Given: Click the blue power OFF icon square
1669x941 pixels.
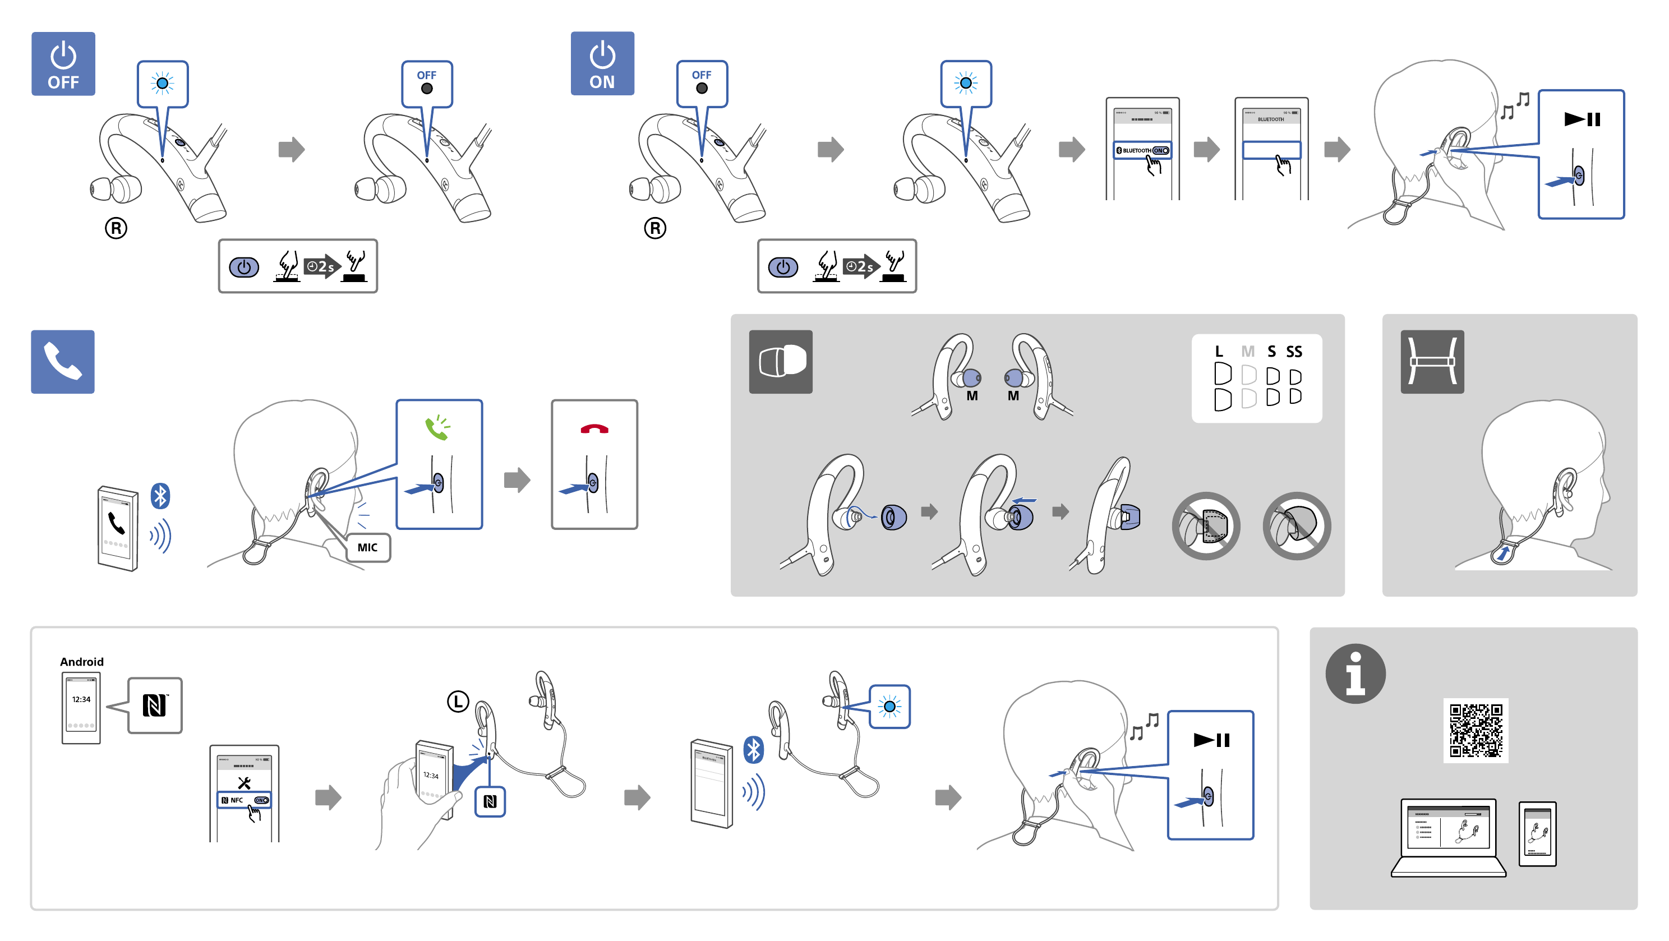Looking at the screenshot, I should click(63, 63).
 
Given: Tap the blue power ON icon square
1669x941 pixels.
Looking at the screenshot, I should click(602, 63).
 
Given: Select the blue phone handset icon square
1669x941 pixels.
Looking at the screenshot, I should click(63, 362).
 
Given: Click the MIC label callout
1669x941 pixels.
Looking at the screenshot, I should click(367, 548).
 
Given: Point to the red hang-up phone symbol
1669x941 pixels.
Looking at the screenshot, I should click(594, 428).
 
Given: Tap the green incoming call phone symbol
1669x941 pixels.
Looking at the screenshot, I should click(437, 428).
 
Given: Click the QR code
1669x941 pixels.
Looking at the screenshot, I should click(1476, 730).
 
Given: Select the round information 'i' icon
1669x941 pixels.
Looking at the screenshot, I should click(1355, 674).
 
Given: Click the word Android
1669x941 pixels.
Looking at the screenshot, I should click(82, 662).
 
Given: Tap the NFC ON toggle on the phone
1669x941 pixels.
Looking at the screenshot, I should click(261, 800).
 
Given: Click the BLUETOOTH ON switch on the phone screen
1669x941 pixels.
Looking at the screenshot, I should click(1160, 150).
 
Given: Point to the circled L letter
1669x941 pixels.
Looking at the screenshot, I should click(458, 701).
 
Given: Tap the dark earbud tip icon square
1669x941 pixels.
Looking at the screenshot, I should click(781, 362).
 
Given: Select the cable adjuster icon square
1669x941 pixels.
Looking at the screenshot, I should click(1432, 362).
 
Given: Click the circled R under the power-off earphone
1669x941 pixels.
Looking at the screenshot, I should click(116, 228).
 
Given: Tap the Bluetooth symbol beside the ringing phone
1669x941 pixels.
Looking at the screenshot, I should click(160, 496).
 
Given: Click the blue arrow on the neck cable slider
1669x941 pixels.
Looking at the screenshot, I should click(1503, 553).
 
